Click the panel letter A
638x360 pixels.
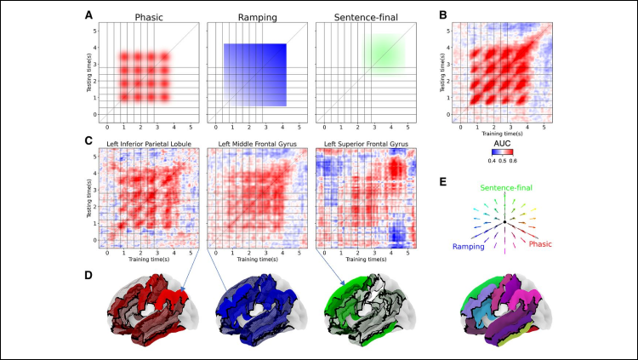(x=89, y=15)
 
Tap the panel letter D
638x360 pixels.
(x=89, y=274)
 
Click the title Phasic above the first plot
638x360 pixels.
(x=145, y=16)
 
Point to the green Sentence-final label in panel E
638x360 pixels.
(x=506, y=186)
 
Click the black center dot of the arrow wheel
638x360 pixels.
(x=506, y=222)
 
